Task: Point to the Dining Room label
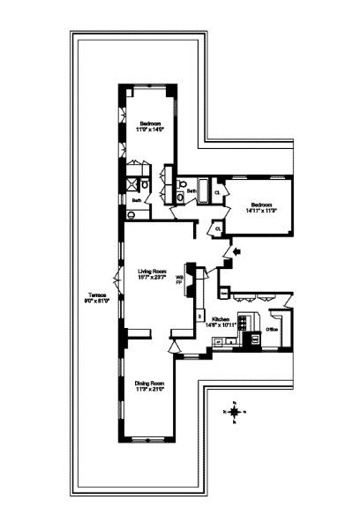[150, 383]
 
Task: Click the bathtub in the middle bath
[202, 189]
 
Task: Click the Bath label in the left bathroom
[137, 200]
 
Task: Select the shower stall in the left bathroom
[139, 183]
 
